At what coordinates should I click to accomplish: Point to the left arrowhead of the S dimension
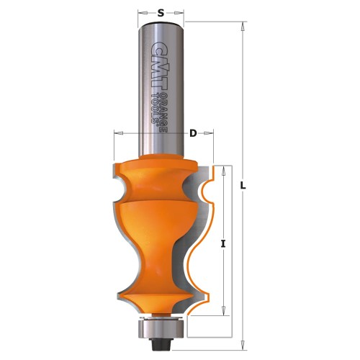pyautogui.click(x=139, y=12)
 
